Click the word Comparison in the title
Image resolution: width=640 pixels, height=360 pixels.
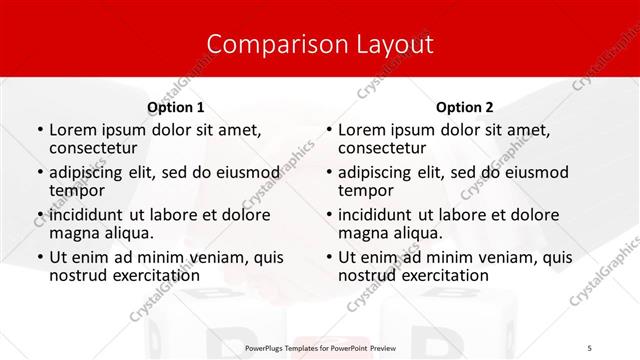[x=265, y=45]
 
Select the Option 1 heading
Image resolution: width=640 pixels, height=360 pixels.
[x=176, y=107]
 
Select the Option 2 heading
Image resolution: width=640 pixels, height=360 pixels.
[x=465, y=107]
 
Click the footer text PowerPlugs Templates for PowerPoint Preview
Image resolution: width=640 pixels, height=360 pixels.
[x=319, y=348]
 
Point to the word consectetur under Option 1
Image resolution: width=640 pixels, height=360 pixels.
[x=97, y=148]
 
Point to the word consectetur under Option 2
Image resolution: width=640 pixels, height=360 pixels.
[x=386, y=148]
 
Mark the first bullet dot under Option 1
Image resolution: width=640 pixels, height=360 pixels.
[x=39, y=131]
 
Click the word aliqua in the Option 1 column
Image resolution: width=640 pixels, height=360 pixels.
[x=129, y=233]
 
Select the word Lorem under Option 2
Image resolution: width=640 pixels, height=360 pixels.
[x=362, y=130]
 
